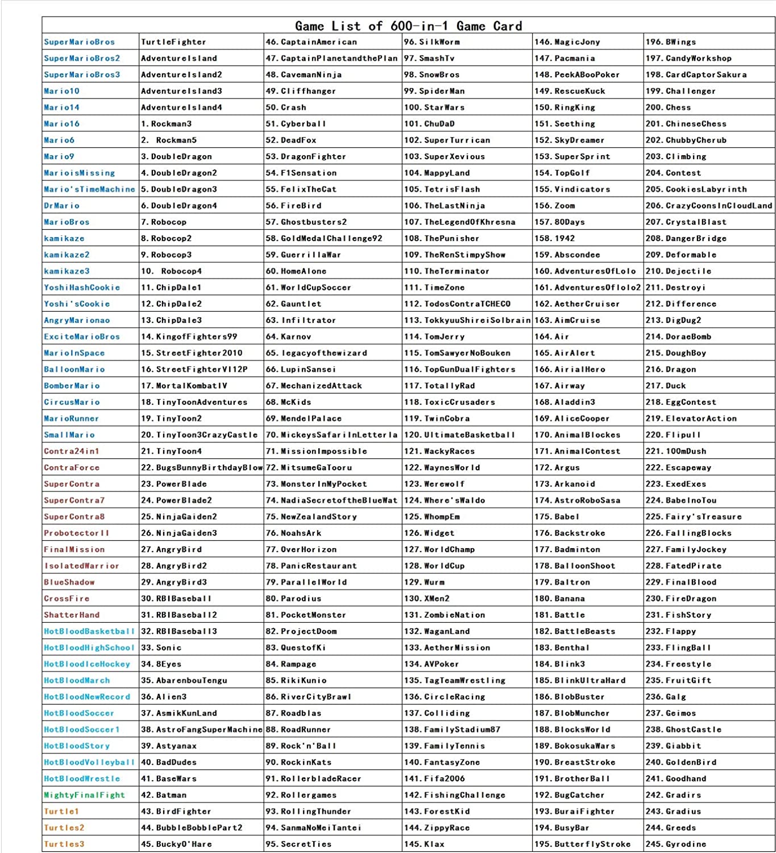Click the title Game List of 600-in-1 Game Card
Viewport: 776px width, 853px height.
click(408, 26)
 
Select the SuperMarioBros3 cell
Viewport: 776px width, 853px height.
click(82, 74)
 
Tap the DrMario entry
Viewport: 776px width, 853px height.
click(62, 205)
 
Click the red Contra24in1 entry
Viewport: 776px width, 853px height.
click(72, 451)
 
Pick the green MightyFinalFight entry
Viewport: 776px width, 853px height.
click(84, 795)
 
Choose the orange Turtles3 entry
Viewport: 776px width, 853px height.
click(64, 844)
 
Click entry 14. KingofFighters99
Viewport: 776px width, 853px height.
click(189, 337)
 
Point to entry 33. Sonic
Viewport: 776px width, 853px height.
click(161, 648)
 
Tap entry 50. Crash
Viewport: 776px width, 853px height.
click(286, 107)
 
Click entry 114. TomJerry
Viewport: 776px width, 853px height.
click(434, 337)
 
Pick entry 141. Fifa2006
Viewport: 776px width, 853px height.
click(434, 779)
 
